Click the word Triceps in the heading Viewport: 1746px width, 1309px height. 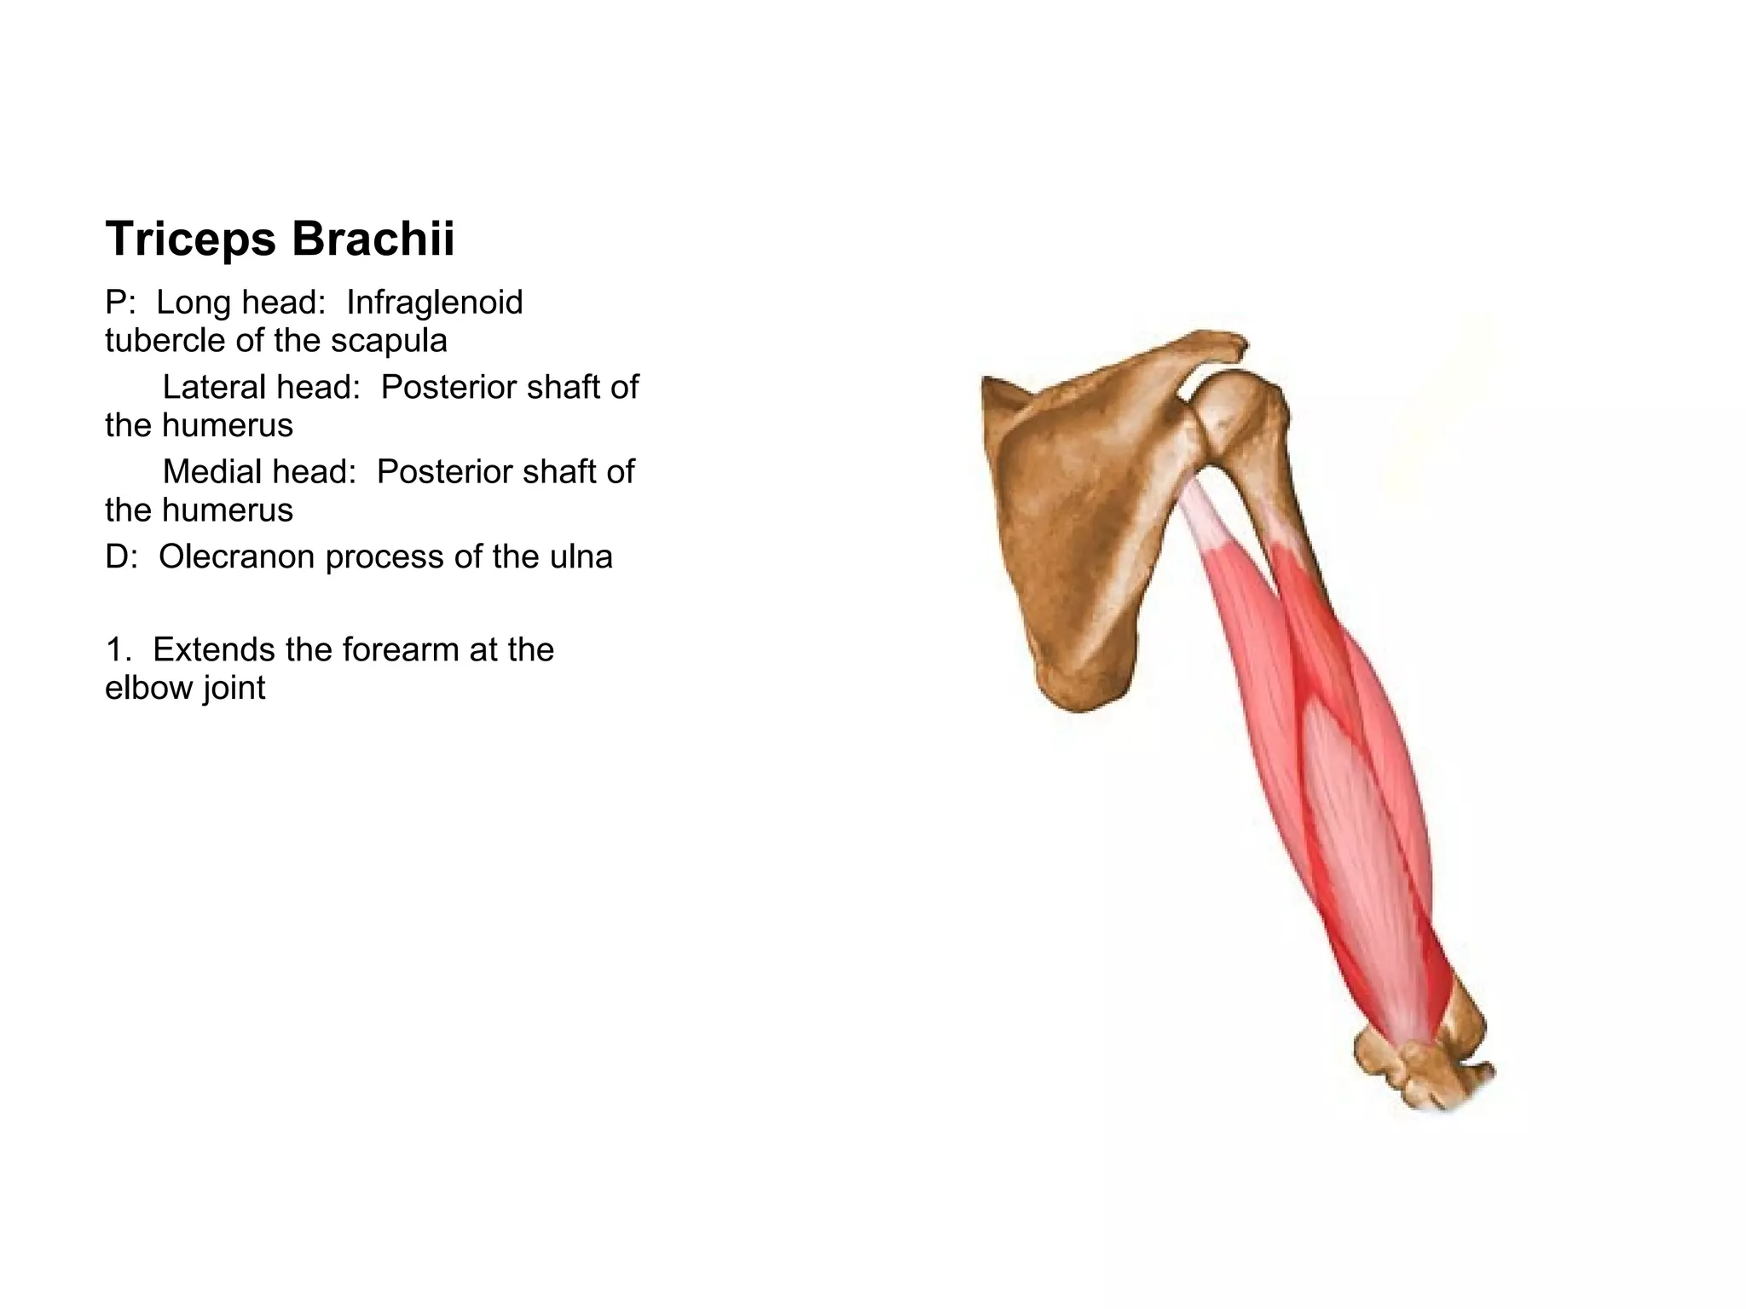(x=190, y=239)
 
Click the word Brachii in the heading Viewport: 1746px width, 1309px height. (x=373, y=239)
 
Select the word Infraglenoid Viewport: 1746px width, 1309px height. (x=434, y=303)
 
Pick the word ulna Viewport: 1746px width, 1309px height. (x=584, y=557)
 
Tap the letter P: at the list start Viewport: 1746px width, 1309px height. (x=120, y=303)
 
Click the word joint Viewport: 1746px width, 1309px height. (x=234, y=689)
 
